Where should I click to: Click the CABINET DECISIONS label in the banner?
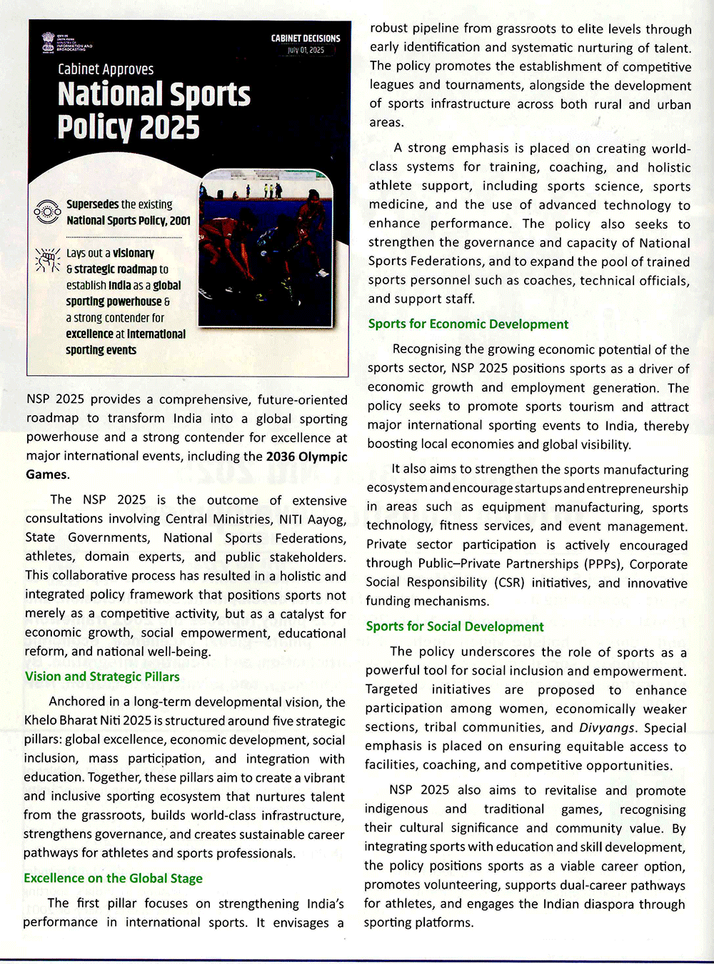point(306,39)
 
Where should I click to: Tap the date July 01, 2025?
point(306,50)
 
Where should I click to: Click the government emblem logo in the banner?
point(49,41)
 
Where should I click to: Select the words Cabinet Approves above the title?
point(106,69)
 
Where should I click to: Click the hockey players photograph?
point(266,248)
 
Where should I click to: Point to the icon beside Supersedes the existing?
point(47,212)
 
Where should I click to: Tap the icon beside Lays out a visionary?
point(47,260)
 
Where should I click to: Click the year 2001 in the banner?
point(180,221)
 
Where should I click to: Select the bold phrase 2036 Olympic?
point(306,457)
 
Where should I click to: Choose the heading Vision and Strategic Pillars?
point(102,677)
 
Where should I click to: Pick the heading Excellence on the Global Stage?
point(113,878)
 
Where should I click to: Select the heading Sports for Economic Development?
point(468,324)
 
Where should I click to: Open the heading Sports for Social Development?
point(455,627)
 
